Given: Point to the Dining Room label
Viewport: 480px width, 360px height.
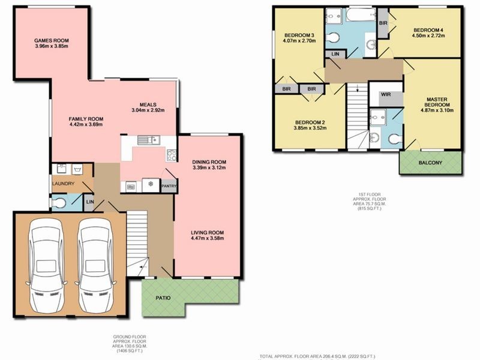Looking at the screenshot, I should [x=209, y=162].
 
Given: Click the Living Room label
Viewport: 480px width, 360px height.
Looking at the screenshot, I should [x=208, y=233].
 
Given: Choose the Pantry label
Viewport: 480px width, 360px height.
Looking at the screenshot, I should [x=168, y=187].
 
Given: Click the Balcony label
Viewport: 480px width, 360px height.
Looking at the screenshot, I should [x=430, y=163].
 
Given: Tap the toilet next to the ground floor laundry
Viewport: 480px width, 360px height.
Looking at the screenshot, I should [x=58, y=203].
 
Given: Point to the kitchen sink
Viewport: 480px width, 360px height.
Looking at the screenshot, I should [x=146, y=140].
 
